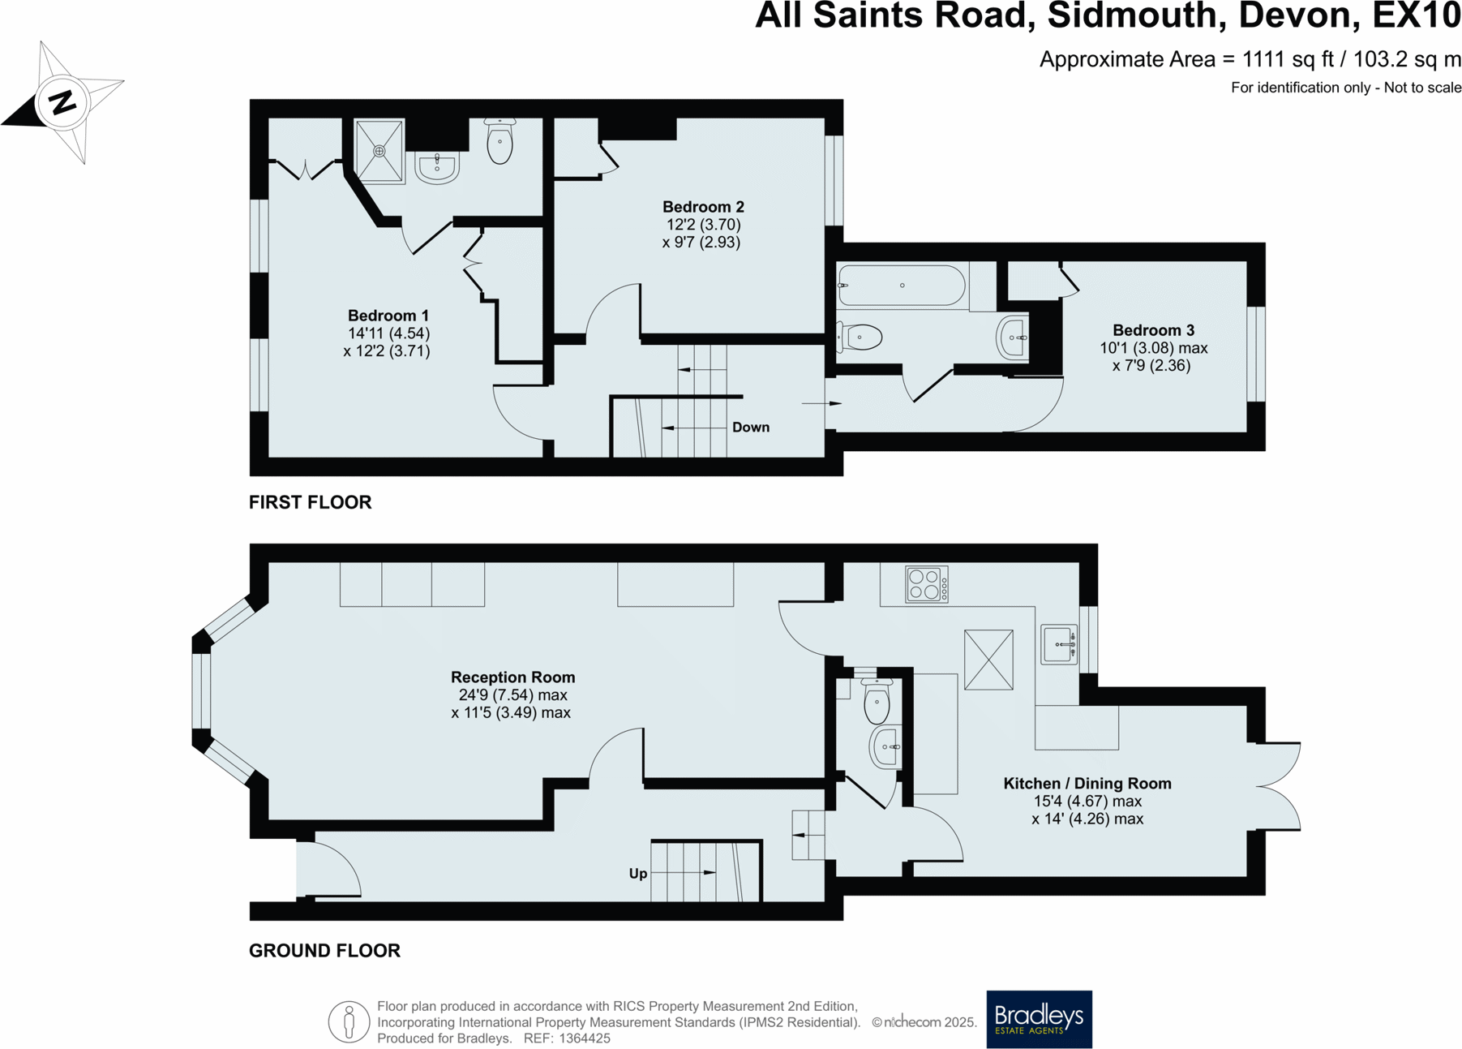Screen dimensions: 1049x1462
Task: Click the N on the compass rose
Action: pos(62,102)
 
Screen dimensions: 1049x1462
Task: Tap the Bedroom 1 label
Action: pos(388,316)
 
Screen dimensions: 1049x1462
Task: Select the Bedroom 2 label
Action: pos(702,207)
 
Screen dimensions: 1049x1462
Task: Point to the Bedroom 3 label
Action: pos(1152,330)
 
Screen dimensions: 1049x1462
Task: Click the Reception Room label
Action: pos(512,677)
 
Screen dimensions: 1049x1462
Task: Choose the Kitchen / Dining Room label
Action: pos(1087,784)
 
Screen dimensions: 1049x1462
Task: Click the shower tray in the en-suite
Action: pos(379,152)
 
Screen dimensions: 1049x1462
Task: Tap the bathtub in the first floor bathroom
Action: pos(901,286)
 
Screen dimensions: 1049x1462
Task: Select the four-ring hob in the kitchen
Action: pos(925,584)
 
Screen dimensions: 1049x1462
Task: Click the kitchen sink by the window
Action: pos(1059,645)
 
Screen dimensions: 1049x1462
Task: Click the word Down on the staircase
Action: pos(750,428)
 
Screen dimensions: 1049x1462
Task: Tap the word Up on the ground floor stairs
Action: pos(638,874)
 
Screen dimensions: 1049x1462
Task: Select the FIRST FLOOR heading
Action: pos(310,502)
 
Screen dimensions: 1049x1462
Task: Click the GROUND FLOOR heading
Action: pos(324,951)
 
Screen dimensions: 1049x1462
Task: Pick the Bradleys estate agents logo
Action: pos(1039,1019)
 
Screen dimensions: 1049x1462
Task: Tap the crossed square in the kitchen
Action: pos(988,660)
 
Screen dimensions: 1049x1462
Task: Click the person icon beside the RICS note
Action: pos(349,1021)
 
